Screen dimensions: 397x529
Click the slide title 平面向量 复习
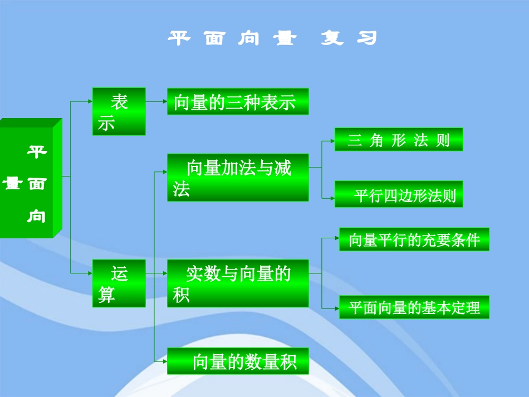pos(273,38)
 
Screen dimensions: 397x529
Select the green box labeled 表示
pos(119,111)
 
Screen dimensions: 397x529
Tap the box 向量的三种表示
pos(238,102)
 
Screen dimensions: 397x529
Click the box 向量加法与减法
pos(238,177)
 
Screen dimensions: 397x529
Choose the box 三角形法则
pos(399,139)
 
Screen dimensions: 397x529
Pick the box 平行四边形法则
pos(399,195)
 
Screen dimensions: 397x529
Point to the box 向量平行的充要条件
pos(414,239)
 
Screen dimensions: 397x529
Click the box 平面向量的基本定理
pos(414,307)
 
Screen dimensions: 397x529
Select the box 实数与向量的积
pos(238,283)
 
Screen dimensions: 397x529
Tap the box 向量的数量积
pos(238,361)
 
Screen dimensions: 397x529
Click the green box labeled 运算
pos(119,283)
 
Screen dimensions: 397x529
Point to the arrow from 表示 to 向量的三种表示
pos(156,101)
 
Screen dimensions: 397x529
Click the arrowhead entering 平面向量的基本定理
pos(337,308)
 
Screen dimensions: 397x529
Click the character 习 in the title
pos(368,38)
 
